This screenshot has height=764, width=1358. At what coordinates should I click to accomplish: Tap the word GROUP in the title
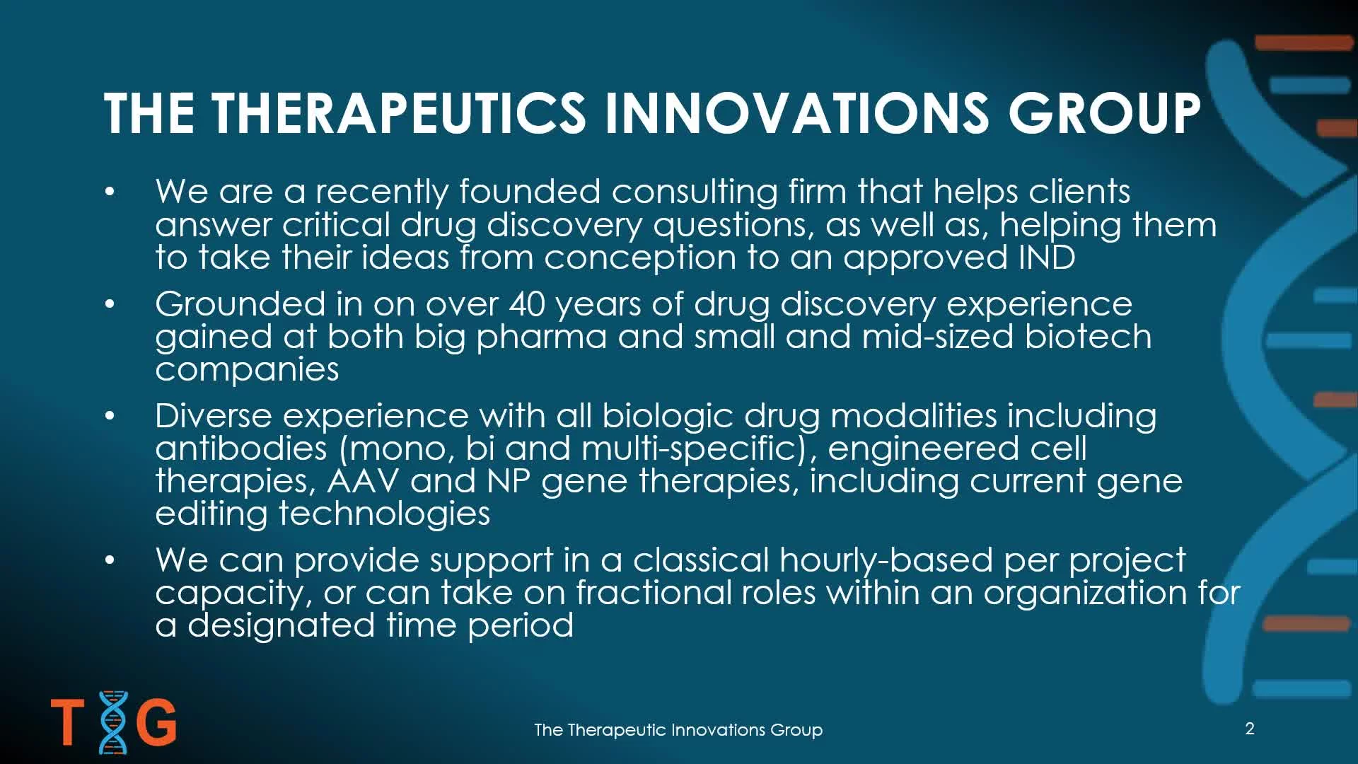pyautogui.click(x=1104, y=113)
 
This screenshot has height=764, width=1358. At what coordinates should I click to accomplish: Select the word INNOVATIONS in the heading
pyautogui.click(x=796, y=113)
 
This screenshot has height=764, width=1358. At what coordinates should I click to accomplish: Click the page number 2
pyautogui.click(x=1250, y=729)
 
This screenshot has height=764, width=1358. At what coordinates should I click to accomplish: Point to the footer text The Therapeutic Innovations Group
pyautogui.click(x=678, y=729)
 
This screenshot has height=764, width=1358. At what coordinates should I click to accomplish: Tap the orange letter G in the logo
pyautogui.click(x=156, y=722)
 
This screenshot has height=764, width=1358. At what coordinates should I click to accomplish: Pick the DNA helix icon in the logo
pyautogui.click(x=113, y=722)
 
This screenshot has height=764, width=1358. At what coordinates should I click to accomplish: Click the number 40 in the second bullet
pyautogui.click(x=527, y=304)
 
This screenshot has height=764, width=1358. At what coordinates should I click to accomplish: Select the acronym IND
pyautogui.click(x=1047, y=257)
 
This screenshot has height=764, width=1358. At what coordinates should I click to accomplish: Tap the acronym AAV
pyautogui.click(x=363, y=481)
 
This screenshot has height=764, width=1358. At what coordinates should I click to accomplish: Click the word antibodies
pyautogui.click(x=241, y=448)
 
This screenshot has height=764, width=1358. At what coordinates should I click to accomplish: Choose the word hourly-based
pyautogui.click(x=886, y=560)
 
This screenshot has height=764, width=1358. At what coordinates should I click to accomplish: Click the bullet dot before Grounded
pyautogui.click(x=110, y=304)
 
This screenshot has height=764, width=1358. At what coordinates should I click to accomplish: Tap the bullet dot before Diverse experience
pyautogui.click(x=110, y=416)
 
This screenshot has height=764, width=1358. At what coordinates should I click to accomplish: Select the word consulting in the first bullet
pyautogui.click(x=695, y=192)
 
